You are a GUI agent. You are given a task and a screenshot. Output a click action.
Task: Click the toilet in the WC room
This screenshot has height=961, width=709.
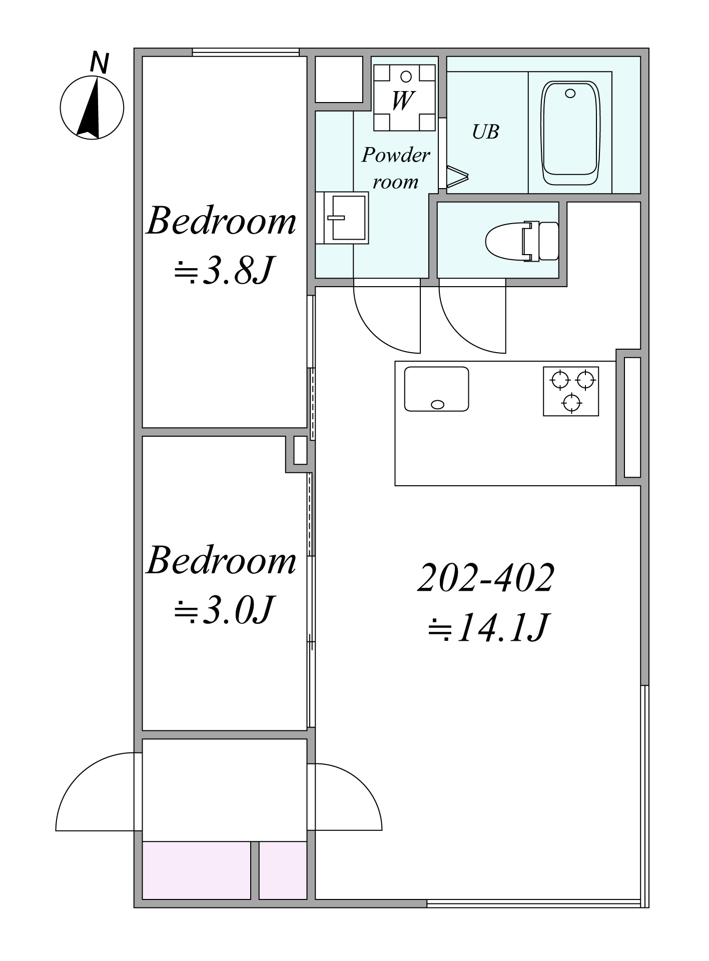(x=522, y=241)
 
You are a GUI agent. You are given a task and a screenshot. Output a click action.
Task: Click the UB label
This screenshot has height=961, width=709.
(x=485, y=132)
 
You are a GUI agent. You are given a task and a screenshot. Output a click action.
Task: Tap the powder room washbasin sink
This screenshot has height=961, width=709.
(x=346, y=218)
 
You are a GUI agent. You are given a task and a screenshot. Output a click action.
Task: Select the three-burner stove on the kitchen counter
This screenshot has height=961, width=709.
(x=571, y=391)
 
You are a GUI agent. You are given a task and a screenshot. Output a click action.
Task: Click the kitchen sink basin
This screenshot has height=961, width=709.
(x=436, y=389)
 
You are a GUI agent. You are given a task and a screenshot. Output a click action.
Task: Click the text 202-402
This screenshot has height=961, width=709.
(x=486, y=578)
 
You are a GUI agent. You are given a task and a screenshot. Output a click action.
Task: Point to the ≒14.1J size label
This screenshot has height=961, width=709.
(x=488, y=627)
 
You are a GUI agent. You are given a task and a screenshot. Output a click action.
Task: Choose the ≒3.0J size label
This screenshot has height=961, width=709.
(x=223, y=610)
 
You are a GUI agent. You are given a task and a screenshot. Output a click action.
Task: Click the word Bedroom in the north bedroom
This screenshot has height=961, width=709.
(x=221, y=221)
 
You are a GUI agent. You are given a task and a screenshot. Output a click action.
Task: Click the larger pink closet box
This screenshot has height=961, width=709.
(x=197, y=870)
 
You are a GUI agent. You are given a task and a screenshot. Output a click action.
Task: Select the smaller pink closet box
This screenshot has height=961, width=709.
(x=283, y=870)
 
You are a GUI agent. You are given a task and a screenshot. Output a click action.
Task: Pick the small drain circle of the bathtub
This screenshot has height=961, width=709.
(x=570, y=94)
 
